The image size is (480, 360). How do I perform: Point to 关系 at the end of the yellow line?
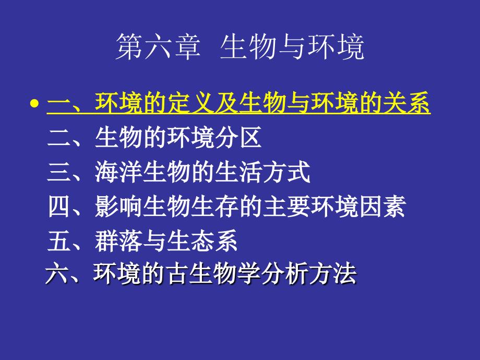point(407,104)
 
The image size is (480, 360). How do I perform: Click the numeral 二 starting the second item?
point(58,138)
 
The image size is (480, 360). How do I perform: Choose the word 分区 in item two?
point(238,138)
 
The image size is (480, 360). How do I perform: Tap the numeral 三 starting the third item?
point(58,173)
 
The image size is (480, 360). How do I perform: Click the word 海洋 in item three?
point(119,173)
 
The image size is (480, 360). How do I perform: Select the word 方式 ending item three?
point(286,173)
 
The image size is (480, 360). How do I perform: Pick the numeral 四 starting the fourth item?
point(58,207)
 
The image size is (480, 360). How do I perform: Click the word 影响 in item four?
point(119,207)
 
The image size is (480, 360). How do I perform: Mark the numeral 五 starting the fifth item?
point(58,242)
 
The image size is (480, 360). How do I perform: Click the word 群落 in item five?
point(119,242)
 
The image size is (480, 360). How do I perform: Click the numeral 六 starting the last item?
point(56,274)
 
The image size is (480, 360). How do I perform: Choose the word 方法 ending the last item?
point(332,274)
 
